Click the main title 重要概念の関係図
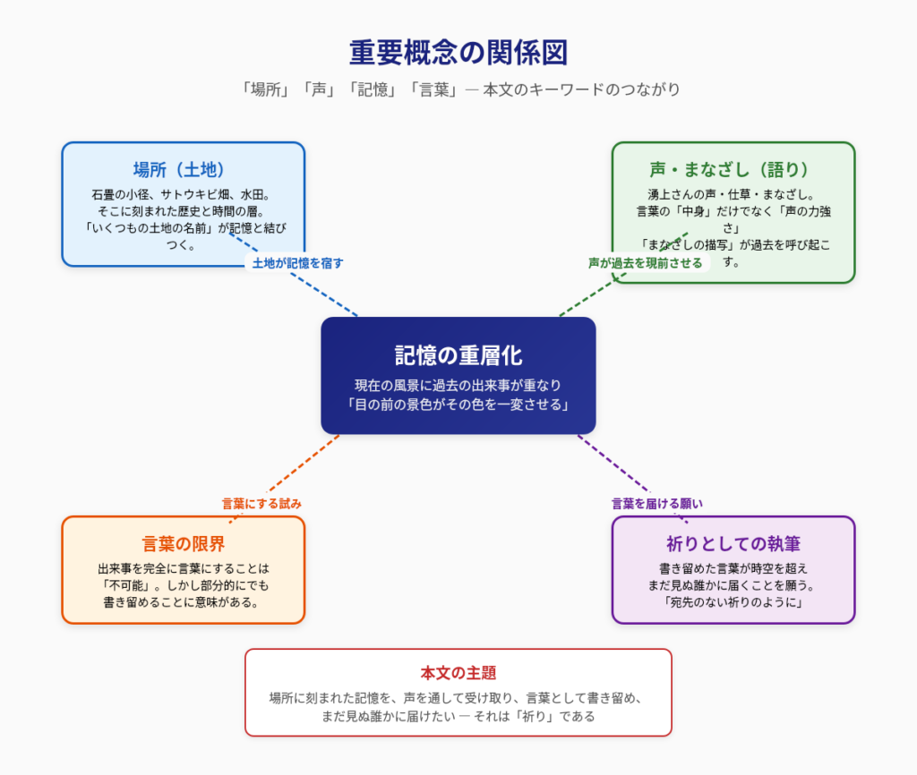coord(458,53)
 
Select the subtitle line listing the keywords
coord(458,89)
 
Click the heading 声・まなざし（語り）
coord(733,169)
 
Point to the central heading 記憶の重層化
coord(458,354)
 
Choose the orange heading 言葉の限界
coord(184,543)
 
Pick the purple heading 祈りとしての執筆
coord(733,543)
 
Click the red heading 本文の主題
coord(458,673)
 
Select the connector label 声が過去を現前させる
coord(645,263)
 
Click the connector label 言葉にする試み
coord(261,504)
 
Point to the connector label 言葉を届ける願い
coord(657,504)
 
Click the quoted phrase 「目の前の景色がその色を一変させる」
coord(458,404)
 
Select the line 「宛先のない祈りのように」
coord(733,602)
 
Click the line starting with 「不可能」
coord(184,585)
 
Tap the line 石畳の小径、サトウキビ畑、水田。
coord(183,194)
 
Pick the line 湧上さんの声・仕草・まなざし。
coord(733,194)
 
